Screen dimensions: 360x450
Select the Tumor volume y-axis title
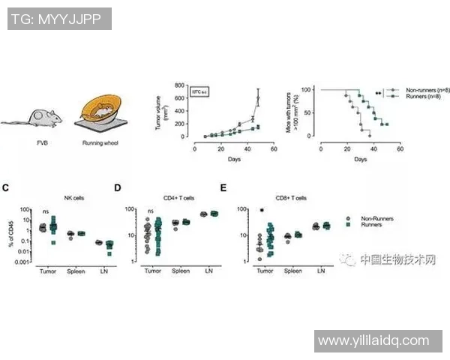point(158,112)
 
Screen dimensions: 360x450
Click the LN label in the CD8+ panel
point(320,270)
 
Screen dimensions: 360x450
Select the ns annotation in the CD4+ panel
point(151,211)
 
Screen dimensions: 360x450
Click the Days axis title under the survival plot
point(361,160)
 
